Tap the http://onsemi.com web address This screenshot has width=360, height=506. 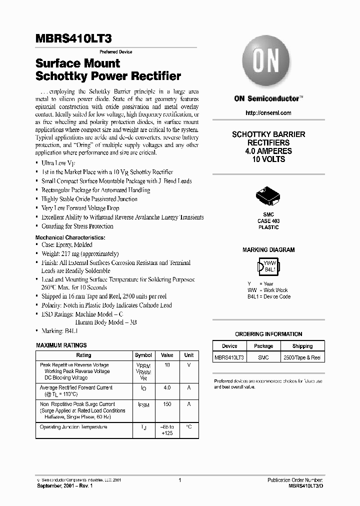pyautogui.click(x=268, y=113)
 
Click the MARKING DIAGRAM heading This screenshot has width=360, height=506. pyautogui.click(x=268, y=249)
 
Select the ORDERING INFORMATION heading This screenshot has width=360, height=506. pyautogui.click(x=268, y=334)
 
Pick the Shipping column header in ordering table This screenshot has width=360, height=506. pyautogui.click(x=302, y=346)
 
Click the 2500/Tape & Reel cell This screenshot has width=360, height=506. pyautogui.click(x=302, y=357)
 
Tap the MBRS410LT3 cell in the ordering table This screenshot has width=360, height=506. pyautogui.click(x=229, y=357)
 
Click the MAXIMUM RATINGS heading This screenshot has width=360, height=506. pyautogui.click(x=61, y=345)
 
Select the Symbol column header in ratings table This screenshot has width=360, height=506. pyautogui.click(x=143, y=355)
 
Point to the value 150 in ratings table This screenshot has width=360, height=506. pyautogui.click(x=167, y=404)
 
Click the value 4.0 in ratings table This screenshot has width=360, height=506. pyautogui.click(x=167, y=387)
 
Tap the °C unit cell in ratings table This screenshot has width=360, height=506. pyautogui.click(x=188, y=427)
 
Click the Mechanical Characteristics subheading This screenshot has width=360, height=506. pyautogui.click(x=70, y=237)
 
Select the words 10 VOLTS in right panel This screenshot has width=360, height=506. pyautogui.click(x=268, y=159)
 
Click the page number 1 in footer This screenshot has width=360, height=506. pyautogui.click(x=179, y=480)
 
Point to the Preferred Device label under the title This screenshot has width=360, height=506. pyautogui.click(x=116, y=52)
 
